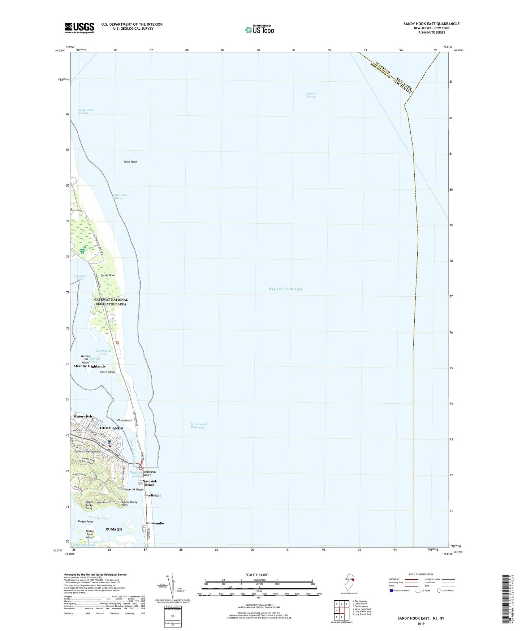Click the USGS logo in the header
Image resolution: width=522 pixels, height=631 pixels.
point(79,28)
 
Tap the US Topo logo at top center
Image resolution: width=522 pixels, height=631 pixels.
point(259,30)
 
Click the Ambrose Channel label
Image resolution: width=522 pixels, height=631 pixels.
point(311,95)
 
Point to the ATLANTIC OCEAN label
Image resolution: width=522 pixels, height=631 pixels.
point(285,289)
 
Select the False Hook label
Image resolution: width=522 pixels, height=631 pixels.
point(130,162)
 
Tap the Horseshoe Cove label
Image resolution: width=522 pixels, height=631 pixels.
point(80,277)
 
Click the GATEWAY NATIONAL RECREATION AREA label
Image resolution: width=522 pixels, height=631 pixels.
point(111,302)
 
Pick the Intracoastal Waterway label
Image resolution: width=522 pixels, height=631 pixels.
point(199,426)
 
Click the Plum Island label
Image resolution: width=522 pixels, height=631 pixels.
point(124,420)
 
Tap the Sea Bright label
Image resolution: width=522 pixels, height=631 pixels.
point(152,495)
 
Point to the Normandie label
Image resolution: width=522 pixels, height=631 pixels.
point(155,523)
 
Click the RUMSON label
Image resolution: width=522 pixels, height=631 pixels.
point(113,529)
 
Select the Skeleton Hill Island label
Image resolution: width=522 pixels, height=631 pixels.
point(86,359)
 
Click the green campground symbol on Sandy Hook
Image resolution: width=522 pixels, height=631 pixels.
point(83,250)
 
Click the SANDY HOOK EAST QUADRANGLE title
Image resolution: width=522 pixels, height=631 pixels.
point(431,24)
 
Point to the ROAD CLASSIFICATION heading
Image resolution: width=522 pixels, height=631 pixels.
point(420,574)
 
